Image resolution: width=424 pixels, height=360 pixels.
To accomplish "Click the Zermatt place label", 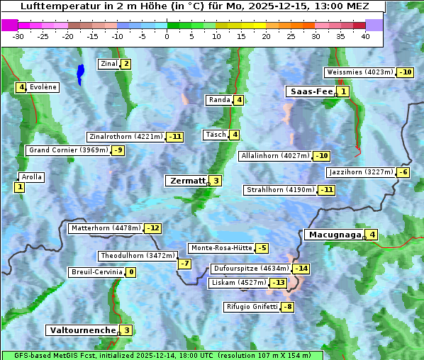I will tap(186, 181).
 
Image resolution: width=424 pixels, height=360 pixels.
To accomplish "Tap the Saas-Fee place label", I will tap(311, 91).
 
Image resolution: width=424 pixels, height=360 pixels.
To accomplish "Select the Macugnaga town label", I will tap(333, 235).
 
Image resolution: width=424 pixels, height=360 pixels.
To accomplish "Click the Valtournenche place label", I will tap(82, 330).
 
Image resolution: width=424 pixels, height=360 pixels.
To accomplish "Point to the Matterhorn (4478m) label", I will tap(105, 228).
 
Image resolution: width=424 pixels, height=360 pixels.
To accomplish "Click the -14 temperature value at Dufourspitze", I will tap(301, 269).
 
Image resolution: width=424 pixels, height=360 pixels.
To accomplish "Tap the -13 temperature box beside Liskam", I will tap(279, 283).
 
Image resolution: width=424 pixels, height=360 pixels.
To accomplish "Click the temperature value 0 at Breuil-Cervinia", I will tap(130, 272).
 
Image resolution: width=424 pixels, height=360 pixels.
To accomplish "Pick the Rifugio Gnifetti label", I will tap(252, 307).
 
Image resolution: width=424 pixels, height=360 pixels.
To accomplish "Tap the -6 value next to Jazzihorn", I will tap(403, 172).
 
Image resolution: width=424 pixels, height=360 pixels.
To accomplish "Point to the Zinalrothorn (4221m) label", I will tap(125, 137).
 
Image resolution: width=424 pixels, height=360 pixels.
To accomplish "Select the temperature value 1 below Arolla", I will tap(19, 187).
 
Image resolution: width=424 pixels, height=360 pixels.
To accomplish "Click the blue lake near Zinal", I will tap(80, 73).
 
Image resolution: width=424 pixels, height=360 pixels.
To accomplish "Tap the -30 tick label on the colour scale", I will tap(18, 36).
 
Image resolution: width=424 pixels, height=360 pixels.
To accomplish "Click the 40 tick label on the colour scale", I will tap(365, 36).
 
